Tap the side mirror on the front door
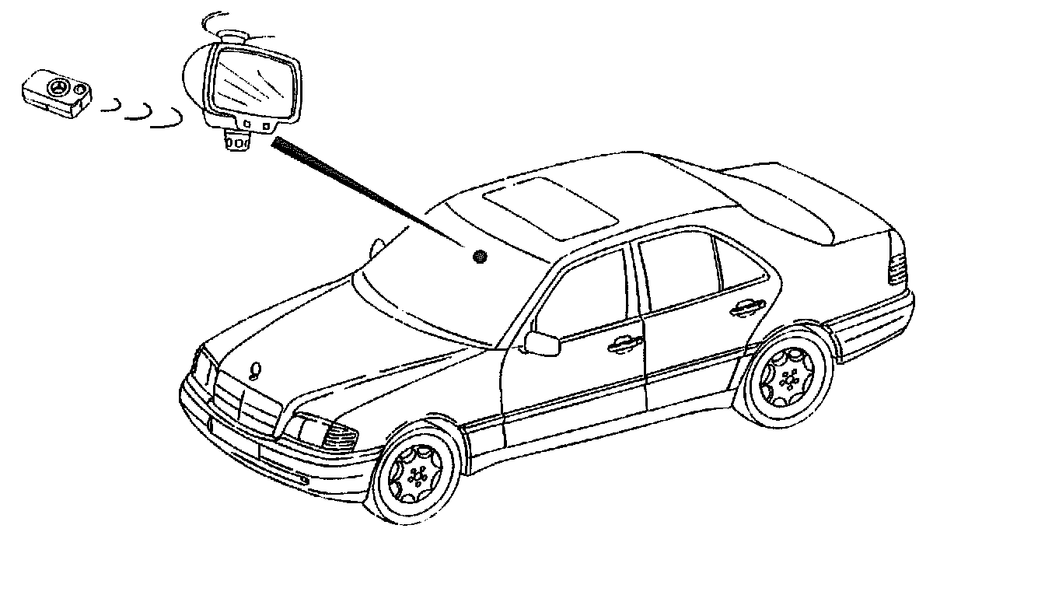542,342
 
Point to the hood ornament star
255,370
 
